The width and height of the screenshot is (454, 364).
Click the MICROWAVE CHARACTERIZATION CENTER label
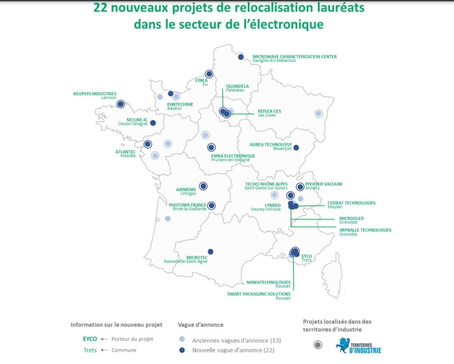point(294,56)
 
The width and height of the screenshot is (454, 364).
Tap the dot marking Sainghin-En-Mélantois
point(241,57)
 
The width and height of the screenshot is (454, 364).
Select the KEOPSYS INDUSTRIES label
point(95,94)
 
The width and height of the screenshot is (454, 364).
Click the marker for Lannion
point(121,104)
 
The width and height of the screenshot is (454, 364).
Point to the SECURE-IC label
point(137,119)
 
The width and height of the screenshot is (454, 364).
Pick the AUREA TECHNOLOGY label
point(270,145)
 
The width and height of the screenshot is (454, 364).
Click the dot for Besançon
point(296,148)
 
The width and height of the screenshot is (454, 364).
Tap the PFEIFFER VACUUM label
point(324,184)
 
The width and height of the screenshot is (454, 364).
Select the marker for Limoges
point(203,186)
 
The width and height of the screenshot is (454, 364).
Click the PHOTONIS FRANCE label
point(187,205)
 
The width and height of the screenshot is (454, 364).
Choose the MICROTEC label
point(197,257)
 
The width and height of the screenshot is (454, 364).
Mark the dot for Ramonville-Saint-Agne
point(210,251)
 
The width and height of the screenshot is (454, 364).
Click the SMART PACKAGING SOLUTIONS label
point(259,294)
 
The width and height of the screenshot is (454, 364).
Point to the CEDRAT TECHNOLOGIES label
point(351,203)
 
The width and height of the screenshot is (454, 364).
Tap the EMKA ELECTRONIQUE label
point(233,156)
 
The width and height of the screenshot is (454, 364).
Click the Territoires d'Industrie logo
point(359,345)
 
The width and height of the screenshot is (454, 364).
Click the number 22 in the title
point(101,9)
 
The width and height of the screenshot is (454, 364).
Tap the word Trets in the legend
point(90,350)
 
